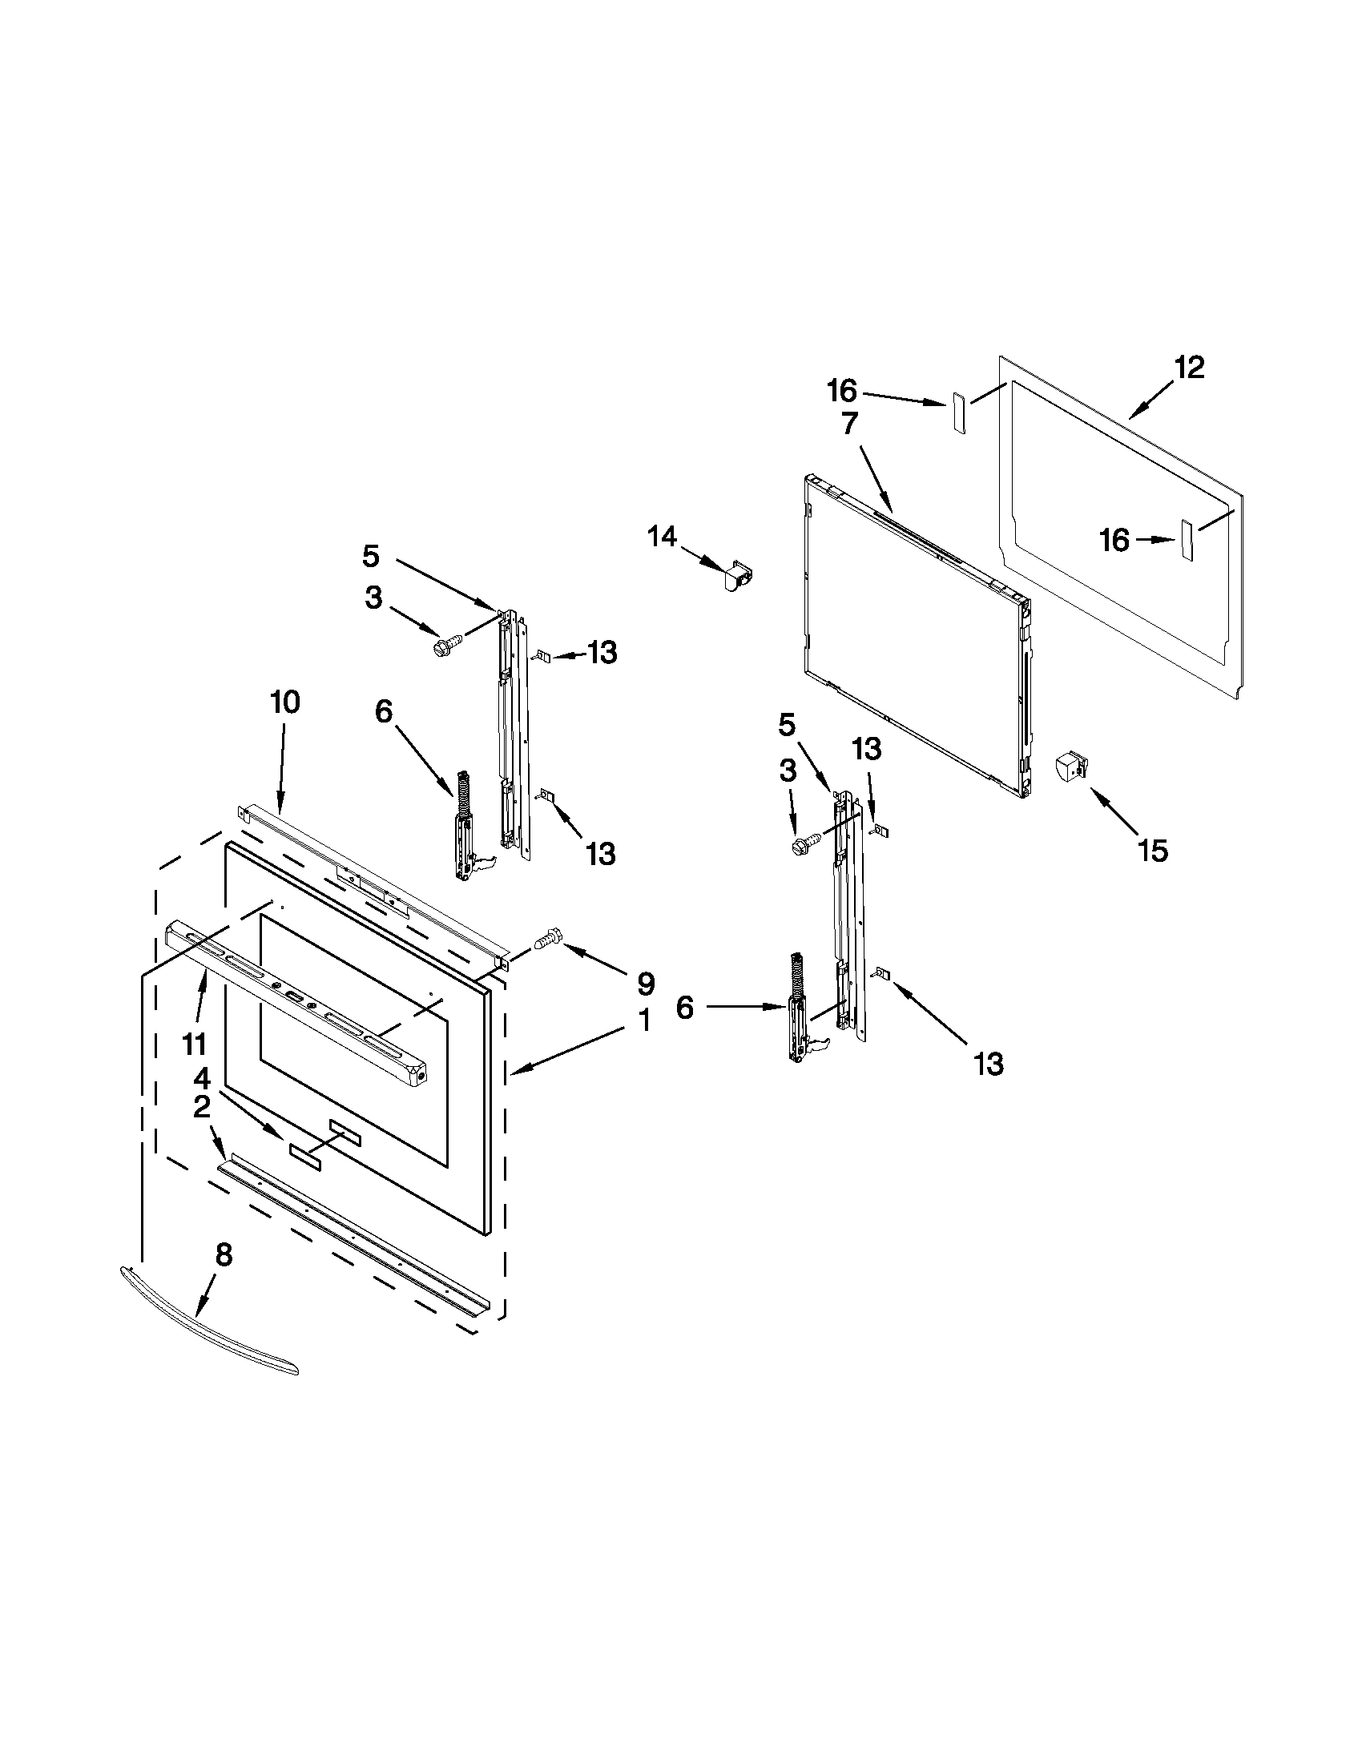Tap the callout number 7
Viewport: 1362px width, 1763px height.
(x=849, y=423)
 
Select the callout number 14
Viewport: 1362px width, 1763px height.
(x=662, y=536)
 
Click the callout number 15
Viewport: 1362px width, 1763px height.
(x=1153, y=851)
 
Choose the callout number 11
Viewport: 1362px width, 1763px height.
(x=194, y=1045)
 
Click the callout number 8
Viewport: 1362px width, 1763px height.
(x=224, y=1254)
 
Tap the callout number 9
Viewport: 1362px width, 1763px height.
(x=645, y=983)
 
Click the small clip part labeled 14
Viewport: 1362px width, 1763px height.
(x=735, y=576)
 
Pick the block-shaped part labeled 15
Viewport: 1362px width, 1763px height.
(x=1071, y=766)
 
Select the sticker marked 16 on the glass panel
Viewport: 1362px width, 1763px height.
(x=1186, y=540)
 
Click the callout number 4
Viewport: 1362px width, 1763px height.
(x=201, y=1077)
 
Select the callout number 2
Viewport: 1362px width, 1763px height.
(x=201, y=1107)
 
